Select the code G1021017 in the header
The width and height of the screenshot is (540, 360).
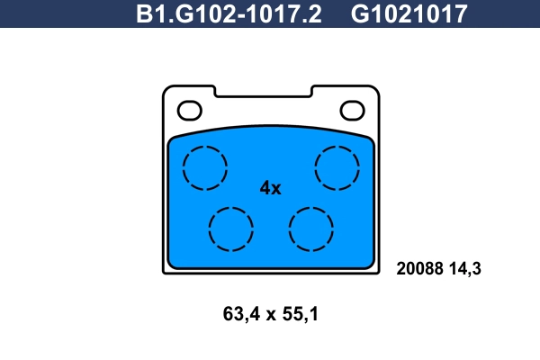(x=409, y=13)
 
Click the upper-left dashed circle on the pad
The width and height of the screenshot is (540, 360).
(x=205, y=167)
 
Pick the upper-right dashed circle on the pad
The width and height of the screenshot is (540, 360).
(x=336, y=167)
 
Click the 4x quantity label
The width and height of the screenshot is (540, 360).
(x=270, y=188)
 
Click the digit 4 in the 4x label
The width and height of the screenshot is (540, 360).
(x=265, y=188)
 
